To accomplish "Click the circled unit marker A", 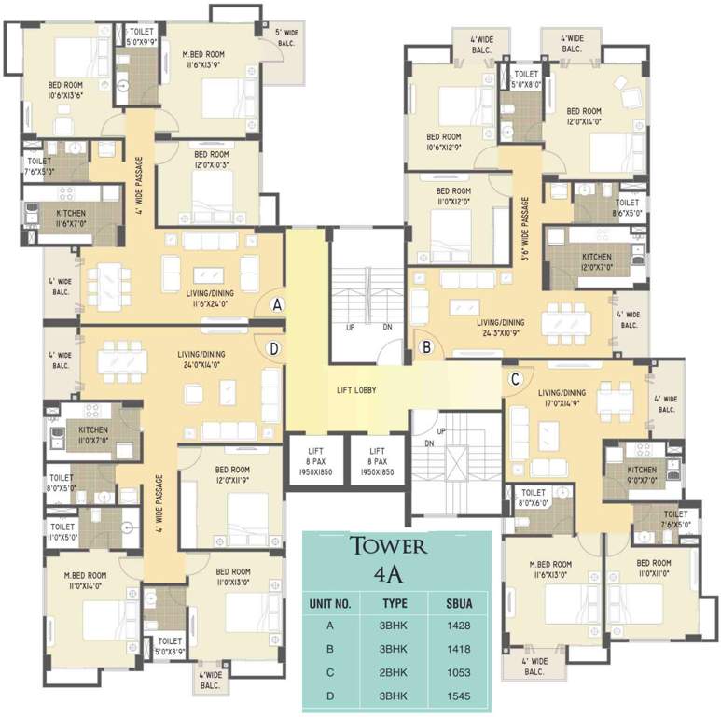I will [278, 304].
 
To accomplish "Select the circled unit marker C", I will [515, 378].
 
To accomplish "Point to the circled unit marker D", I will [273, 348].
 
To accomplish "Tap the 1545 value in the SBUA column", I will [458, 696].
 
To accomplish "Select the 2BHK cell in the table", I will [395, 672].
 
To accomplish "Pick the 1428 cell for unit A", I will [458, 626].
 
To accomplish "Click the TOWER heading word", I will [387, 546].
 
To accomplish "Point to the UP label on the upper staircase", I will [350, 328].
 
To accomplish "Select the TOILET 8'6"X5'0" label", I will [627, 207].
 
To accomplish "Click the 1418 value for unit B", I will [458, 650].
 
